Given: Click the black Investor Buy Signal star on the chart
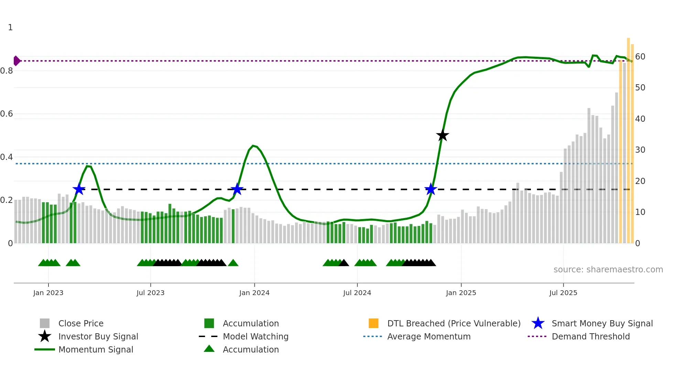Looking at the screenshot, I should click(443, 136).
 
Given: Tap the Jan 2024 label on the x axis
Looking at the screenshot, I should click(254, 293).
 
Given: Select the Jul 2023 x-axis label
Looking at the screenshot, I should click(151, 293).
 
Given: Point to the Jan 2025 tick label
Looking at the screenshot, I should click(461, 293).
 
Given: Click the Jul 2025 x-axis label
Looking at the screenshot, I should click(563, 293).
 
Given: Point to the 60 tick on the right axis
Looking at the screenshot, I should click(640, 57).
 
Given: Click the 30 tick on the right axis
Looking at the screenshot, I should click(640, 150).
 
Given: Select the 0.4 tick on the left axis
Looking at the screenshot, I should click(7, 157).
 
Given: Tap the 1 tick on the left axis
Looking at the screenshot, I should click(10, 28).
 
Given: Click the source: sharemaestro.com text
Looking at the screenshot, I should click(608, 270).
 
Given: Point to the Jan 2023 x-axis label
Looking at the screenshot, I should click(48, 293).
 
